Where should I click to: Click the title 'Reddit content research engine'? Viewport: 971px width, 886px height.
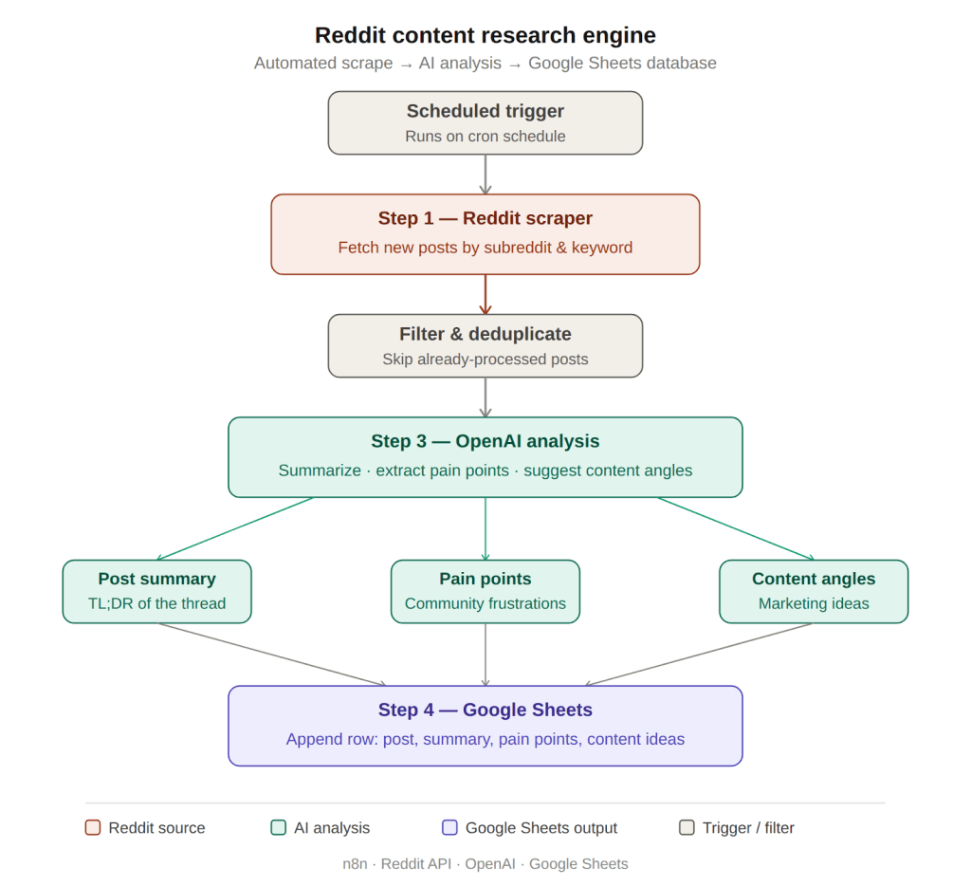485,35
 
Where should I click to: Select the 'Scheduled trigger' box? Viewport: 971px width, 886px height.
485,122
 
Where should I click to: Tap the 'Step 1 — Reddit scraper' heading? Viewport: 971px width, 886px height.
485,218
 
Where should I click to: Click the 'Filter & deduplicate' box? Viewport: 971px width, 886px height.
485,345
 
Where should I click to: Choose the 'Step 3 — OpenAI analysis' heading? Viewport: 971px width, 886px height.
485,441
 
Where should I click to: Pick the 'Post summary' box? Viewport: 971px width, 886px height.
156,591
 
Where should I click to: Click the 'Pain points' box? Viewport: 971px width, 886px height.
485,591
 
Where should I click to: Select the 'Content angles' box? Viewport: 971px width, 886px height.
813,591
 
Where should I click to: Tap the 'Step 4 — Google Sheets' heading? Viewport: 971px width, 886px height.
485,710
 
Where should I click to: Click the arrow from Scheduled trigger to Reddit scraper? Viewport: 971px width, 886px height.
485,175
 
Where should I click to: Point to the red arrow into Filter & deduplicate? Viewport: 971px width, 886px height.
485,294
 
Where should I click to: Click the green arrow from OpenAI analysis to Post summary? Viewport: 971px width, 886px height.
235,528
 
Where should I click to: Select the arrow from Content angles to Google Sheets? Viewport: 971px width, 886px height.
700,654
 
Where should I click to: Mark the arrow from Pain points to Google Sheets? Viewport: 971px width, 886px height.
485,655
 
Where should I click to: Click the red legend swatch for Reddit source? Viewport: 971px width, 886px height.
93,827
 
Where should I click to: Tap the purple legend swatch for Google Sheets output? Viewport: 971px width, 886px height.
449,827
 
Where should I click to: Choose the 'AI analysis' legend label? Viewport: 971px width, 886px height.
332,827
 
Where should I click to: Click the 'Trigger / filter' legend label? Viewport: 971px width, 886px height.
748,827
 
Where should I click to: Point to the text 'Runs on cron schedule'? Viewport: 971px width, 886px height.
485,136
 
